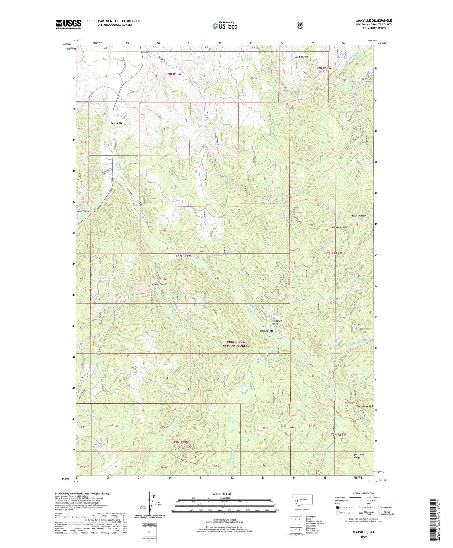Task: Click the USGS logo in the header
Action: tap(68, 24)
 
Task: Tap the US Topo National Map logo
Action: tap(224, 26)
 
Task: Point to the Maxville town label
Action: tap(117, 123)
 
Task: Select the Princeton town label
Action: tap(266, 331)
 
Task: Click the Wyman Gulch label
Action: tap(158, 284)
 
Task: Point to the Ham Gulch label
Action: tap(83, 212)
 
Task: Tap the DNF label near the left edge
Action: tap(83, 142)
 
